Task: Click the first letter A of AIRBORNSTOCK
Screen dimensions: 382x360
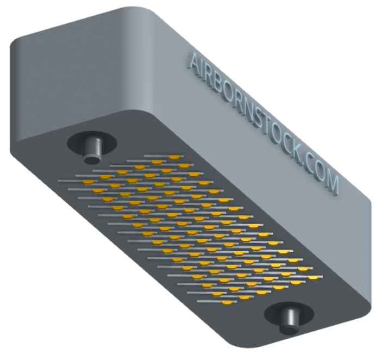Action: (x=195, y=61)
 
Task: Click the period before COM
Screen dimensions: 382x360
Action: (x=308, y=164)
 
